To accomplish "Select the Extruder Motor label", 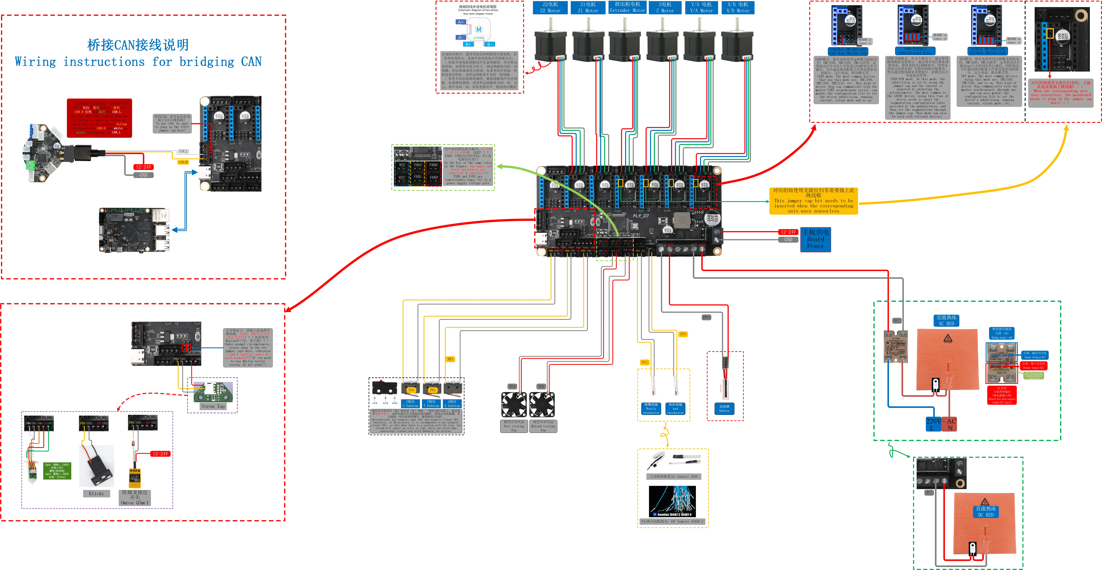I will [627, 7].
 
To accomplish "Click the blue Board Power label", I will [815, 239].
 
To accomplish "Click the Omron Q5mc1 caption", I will [135, 498].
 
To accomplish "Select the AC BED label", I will [946, 321].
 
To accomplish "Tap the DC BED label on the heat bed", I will [986, 512].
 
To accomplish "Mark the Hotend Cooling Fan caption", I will [543, 426].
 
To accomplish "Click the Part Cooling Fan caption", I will [514, 426].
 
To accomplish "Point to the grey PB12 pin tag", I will [706, 317].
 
